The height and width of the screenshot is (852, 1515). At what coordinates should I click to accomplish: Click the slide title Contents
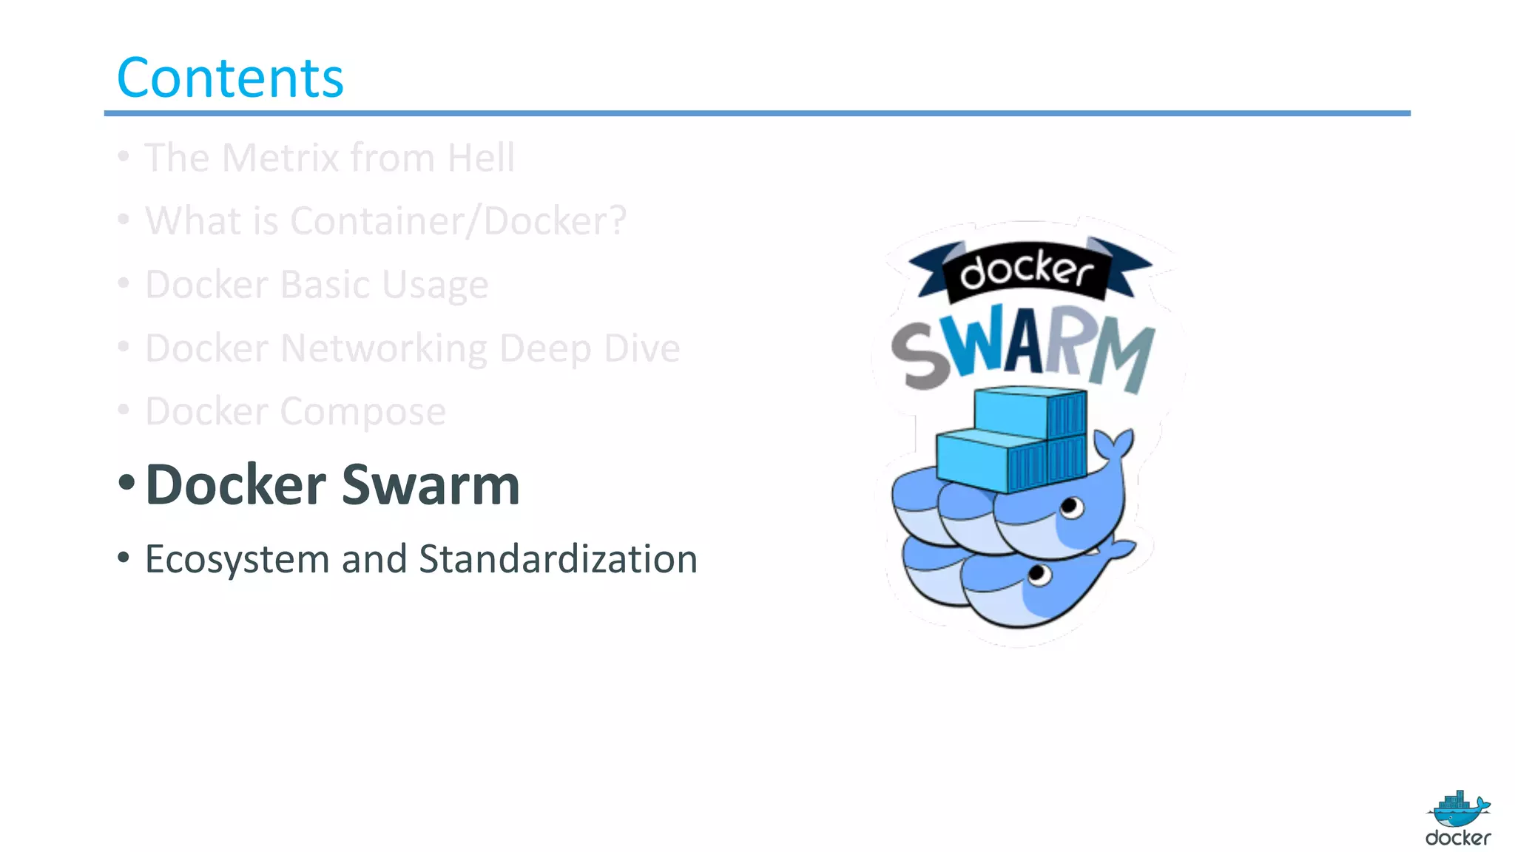tap(230, 78)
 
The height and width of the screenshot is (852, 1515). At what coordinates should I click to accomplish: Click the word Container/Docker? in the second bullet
tap(459, 221)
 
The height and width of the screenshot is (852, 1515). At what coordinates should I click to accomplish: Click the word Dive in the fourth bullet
tap(641, 348)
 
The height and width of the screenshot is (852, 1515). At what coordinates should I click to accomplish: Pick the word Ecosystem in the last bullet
tap(237, 559)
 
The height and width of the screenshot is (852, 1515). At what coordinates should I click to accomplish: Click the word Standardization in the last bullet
tap(558, 559)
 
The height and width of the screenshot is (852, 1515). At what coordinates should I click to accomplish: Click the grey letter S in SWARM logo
tap(920, 356)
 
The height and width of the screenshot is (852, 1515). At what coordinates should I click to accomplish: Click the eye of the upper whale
tap(1070, 507)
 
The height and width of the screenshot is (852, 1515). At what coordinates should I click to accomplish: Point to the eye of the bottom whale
tap(1039, 574)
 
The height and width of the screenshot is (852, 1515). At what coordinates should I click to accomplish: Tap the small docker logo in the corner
tap(1458, 818)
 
